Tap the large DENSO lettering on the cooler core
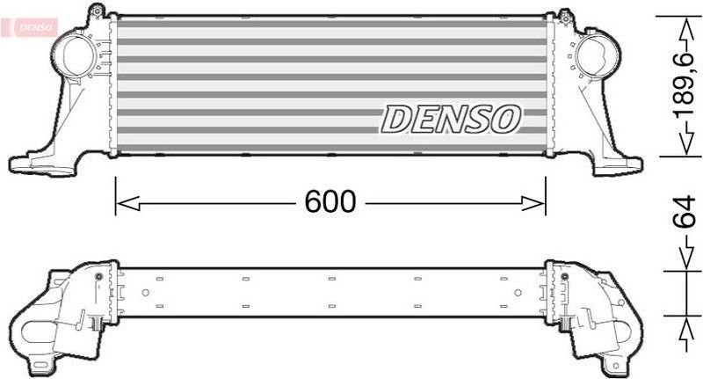click(x=451, y=119)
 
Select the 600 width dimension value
click(x=330, y=203)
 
